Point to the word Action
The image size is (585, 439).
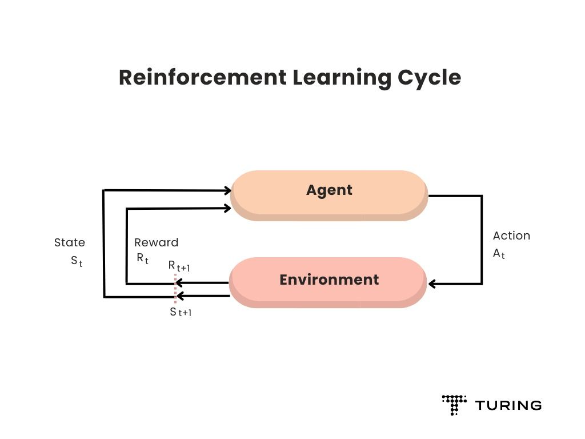pyautogui.click(x=511, y=236)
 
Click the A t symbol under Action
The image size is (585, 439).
pyautogui.click(x=499, y=254)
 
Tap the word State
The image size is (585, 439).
pyautogui.click(x=69, y=242)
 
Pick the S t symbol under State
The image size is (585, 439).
pyautogui.click(x=77, y=261)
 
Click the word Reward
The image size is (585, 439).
pyautogui.click(x=156, y=242)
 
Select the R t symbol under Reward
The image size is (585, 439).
pyautogui.click(x=142, y=258)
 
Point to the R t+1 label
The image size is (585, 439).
pyautogui.click(x=178, y=266)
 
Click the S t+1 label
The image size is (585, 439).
pyautogui.click(x=180, y=312)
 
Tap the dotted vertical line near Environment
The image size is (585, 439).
pyautogui.click(x=175, y=289)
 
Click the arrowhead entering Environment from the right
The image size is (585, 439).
pyautogui.click(x=432, y=284)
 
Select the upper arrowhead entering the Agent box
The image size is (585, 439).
pyautogui.click(x=227, y=190)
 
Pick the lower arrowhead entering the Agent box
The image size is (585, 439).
pyautogui.click(x=227, y=208)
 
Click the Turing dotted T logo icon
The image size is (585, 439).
pyautogui.click(x=454, y=404)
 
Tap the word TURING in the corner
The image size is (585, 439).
pyautogui.click(x=508, y=405)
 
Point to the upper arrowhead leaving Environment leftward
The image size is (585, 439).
pyautogui.click(x=178, y=282)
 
